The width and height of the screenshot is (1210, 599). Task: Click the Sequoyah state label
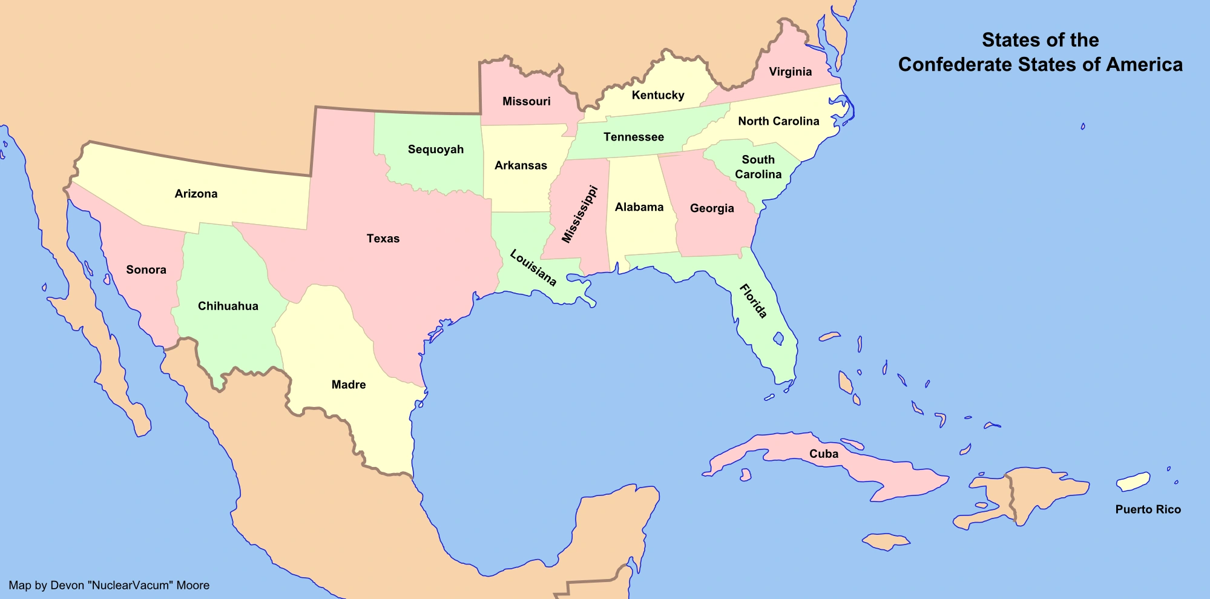pyautogui.click(x=435, y=150)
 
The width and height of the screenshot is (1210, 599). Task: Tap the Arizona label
pyautogui.click(x=196, y=194)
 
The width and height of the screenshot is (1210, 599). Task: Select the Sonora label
pyautogui.click(x=146, y=270)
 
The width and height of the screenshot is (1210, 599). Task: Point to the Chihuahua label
pyautogui.click(x=228, y=306)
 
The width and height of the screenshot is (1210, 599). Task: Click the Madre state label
pyautogui.click(x=349, y=385)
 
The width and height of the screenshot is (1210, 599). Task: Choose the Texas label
pyautogui.click(x=383, y=239)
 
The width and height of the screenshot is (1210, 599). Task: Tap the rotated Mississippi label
pyautogui.click(x=579, y=215)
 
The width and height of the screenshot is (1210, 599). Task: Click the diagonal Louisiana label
pyautogui.click(x=533, y=268)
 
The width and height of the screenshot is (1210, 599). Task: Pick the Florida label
pyautogui.click(x=754, y=301)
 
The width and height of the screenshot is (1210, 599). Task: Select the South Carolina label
pyautogui.click(x=758, y=167)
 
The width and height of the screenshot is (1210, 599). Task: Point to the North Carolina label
pyautogui.click(x=778, y=121)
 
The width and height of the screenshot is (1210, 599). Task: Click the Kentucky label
pyautogui.click(x=658, y=95)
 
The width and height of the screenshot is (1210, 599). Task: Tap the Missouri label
pyautogui.click(x=527, y=101)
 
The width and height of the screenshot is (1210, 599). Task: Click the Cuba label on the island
pyautogui.click(x=824, y=454)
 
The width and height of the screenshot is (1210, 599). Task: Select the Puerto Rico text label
pyautogui.click(x=1148, y=509)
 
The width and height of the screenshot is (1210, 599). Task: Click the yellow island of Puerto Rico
pyautogui.click(x=1133, y=482)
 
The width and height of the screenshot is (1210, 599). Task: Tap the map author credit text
pyautogui.click(x=109, y=586)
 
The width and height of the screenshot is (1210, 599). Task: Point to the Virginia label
pyautogui.click(x=790, y=72)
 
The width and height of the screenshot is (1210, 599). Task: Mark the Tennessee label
pyautogui.click(x=634, y=137)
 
